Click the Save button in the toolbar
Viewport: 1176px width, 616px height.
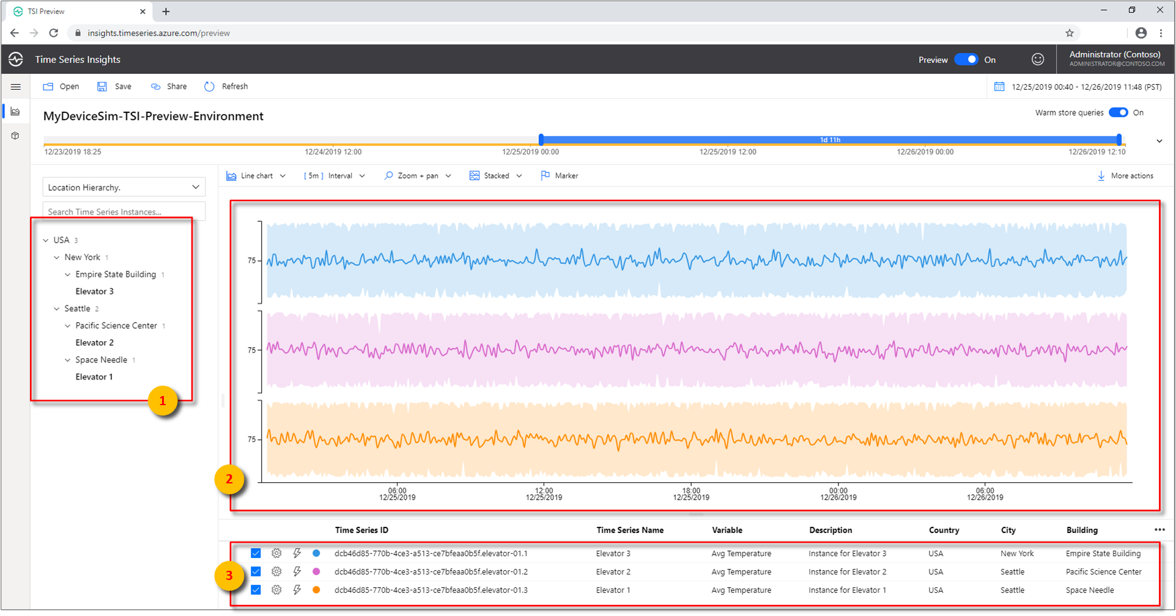[114, 87]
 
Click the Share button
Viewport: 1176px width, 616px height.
[169, 87]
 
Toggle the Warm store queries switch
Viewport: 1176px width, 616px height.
[1118, 112]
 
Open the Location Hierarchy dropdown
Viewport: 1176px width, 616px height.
[124, 187]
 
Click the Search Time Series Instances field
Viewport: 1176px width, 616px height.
[124, 212]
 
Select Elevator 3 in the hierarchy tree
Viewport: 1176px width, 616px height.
[94, 291]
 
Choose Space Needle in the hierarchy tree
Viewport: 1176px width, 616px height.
[101, 360]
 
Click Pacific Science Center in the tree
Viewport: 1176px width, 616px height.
[116, 326]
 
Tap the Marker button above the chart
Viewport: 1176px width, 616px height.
[560, 176]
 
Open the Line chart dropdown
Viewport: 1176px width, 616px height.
[256, 176]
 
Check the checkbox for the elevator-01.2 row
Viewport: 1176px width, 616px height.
[256, 572]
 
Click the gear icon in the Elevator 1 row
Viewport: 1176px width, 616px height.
[276, 590]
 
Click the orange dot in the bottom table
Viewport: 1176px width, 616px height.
[316, 590]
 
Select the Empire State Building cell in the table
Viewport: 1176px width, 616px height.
[1103, 554]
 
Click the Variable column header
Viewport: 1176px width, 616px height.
[727, 530]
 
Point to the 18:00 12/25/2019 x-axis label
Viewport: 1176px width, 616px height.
[691, 494]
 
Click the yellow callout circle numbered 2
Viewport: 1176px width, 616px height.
[229, 480]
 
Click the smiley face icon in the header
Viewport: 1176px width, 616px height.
[1038, 59]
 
